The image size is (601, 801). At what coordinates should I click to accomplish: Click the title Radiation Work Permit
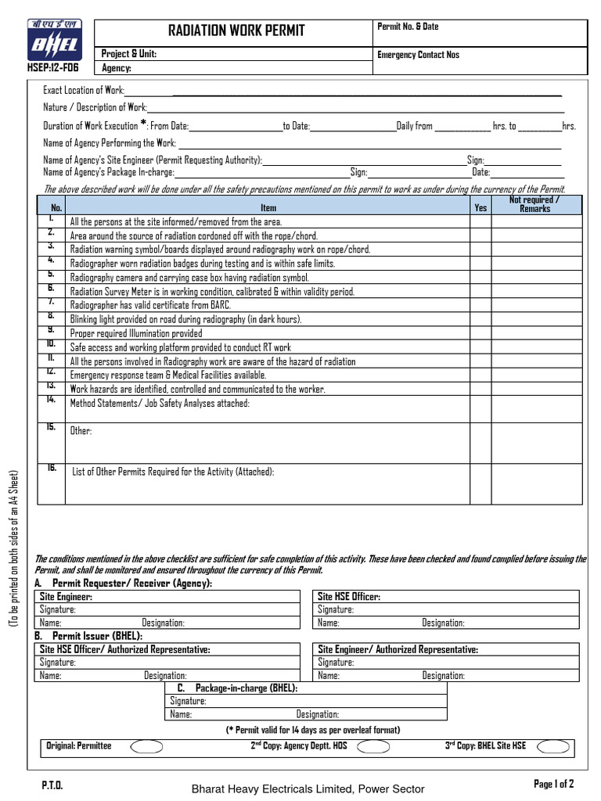(x=236, y=31)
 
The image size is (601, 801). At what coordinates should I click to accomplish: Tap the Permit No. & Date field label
(x=408, y=27)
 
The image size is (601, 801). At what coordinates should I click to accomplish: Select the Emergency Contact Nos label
(x=419, y=55)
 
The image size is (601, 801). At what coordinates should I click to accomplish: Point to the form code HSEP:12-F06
(x=53, y=67)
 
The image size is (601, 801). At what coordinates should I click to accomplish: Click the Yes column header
(x=480, y=208)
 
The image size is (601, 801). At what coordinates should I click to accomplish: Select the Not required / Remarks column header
(x=535, y=204)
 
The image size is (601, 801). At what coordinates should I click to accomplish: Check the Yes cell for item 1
(x=480, y=222)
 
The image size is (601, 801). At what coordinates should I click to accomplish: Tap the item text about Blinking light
(x=185, y=319)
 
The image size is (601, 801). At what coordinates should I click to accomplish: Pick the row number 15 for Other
(x=51, y=427)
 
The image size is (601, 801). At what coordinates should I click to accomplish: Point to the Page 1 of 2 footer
(x=553, y=784)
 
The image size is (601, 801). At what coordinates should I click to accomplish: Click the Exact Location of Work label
(x=84, y=91)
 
